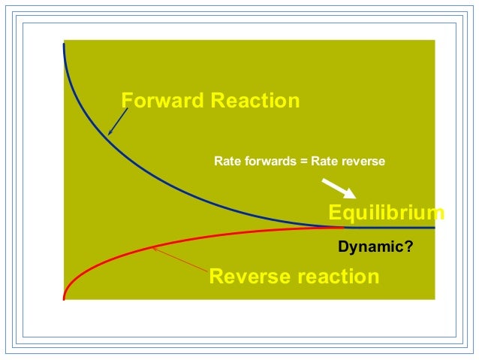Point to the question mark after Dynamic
click(x=409, y=246)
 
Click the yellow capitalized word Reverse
click(x=249, y=277)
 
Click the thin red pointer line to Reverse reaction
click(x=180, y=259)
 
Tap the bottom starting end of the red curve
click(x=65, y=298)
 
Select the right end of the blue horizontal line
click(x=434, y=227)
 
